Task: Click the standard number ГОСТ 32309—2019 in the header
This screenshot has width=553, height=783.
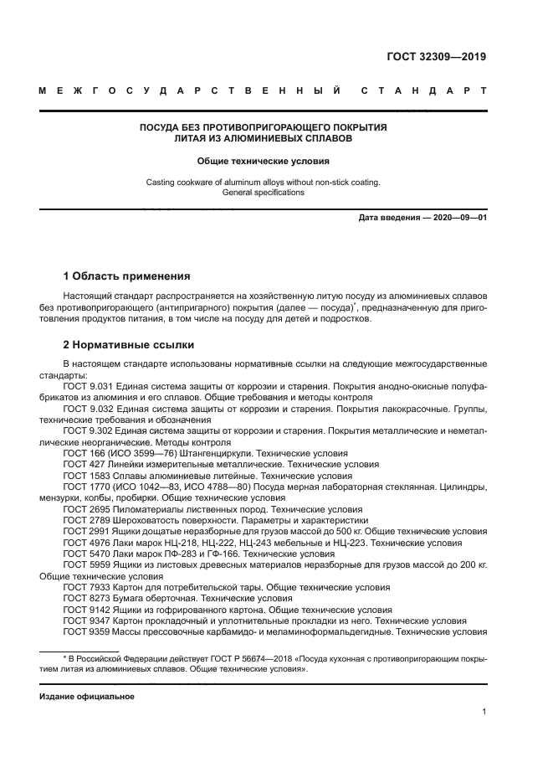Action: (436, 58)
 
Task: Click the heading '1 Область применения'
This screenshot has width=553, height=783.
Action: (127, 276)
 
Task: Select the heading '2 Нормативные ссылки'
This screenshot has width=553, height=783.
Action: (129, 344)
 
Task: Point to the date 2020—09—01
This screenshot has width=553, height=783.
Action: (458, 218)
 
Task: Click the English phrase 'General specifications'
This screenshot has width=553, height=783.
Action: (263, 192)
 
